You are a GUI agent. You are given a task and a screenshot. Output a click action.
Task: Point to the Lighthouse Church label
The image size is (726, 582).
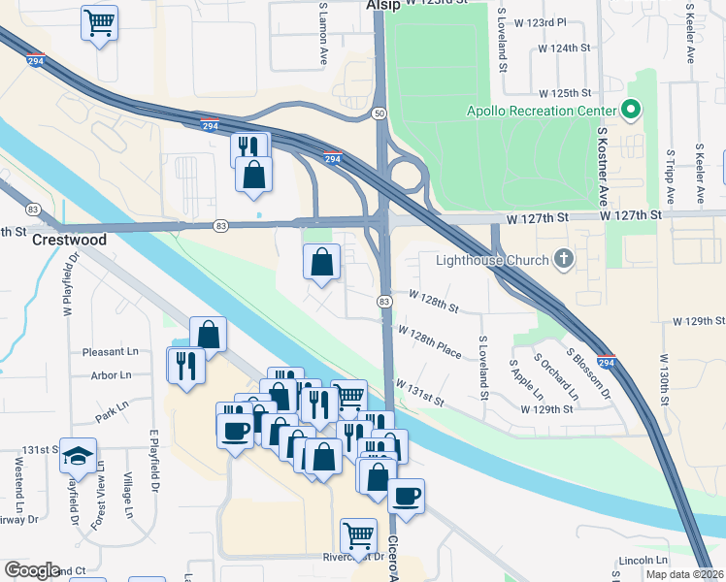point(491,259)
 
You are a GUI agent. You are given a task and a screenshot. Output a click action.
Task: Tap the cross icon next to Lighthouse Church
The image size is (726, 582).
point(562,259)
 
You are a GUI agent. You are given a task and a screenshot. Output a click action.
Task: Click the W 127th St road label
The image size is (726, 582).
point(630,214)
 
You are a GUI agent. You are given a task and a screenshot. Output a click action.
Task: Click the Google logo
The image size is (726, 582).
point(32,570)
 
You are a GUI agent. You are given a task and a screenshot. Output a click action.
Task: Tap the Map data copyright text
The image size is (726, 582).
point(683,574)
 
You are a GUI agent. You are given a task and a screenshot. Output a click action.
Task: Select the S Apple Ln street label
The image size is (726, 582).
point(526,380)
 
